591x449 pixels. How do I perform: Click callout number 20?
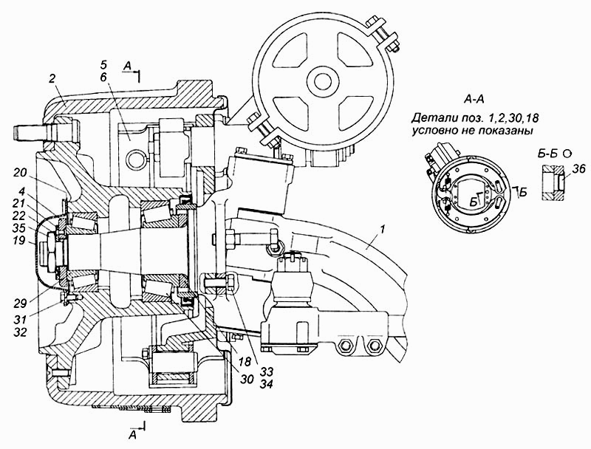click(x=19, y=173)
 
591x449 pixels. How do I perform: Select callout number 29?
click(x=21, y=304)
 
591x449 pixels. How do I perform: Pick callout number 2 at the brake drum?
click(x=52, y=79)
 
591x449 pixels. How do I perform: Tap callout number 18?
click(x=245, y=362)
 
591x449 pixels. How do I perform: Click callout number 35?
click(x=19, y=227)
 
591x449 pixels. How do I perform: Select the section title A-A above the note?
click(x=474, y=99)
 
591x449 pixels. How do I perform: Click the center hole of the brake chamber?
click(x=323, y=80)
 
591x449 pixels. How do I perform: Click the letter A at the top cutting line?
click(x=128, y=67)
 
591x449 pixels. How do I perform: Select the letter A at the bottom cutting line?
click(x=132, y=436)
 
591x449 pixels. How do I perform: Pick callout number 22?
click(x=19, y=216)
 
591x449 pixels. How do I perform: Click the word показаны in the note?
click(x=511, y=131)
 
